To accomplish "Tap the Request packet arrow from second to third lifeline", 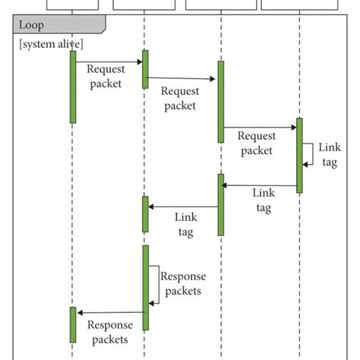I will [182, 78].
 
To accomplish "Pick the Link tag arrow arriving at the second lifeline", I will [182, 207].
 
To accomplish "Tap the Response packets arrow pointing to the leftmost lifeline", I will [109, 312].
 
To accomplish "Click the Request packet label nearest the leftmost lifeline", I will [105, 76].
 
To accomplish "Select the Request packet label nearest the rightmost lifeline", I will [255, 144].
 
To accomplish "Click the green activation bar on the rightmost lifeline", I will [299, 155].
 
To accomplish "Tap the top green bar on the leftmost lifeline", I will [73, 86].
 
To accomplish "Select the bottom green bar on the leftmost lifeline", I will [73, 324].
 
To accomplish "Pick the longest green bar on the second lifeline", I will [145, 287].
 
